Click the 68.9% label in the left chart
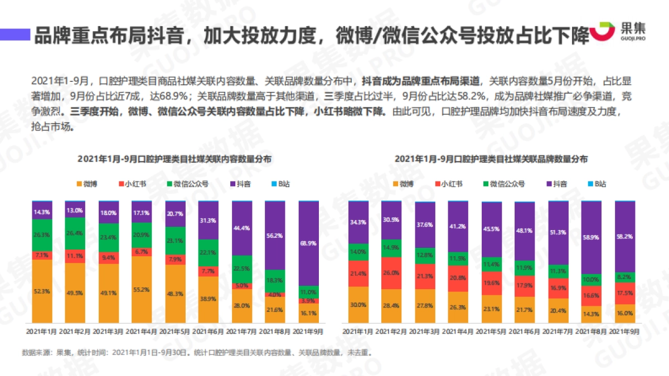click(309, 244)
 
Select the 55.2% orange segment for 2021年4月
click(142, 290)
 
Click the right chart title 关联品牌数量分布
click(491, 159)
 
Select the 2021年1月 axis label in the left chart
click(42, 331)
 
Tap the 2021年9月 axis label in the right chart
click(624, 331)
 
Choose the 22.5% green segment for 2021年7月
click(242, 268)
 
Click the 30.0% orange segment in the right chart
click(358, 305)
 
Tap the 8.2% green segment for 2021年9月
click(624, 277)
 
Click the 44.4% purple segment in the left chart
click(242, 228)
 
